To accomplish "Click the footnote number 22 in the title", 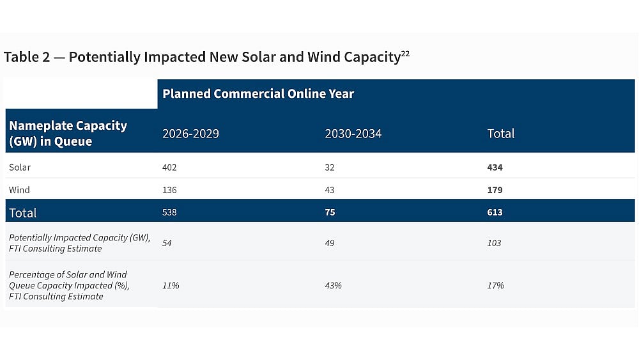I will pos(405,54).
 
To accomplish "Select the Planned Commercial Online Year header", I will pos(258,94).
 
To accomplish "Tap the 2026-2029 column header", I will pos(190,134).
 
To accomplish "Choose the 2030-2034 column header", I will pos(353,134).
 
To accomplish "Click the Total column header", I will pos(500,134).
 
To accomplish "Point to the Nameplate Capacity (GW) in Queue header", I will pos(68,134).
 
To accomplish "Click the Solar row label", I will pos(20,168).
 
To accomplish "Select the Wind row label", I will pos(19,190).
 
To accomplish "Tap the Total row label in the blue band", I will pos(23,213).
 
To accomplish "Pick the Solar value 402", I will pos(169,168).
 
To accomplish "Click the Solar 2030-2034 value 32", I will pos(329,168).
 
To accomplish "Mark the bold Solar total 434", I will pos(495,168).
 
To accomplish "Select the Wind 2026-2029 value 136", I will pos(169,190).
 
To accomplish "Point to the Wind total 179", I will pos(495,190).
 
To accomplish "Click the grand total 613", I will pos(495,212).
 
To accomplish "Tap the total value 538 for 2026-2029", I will pos(169,212).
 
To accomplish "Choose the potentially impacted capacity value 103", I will pos(494,243).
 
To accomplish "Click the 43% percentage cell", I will pos(333,285).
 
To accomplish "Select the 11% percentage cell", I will pos(171,285).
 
